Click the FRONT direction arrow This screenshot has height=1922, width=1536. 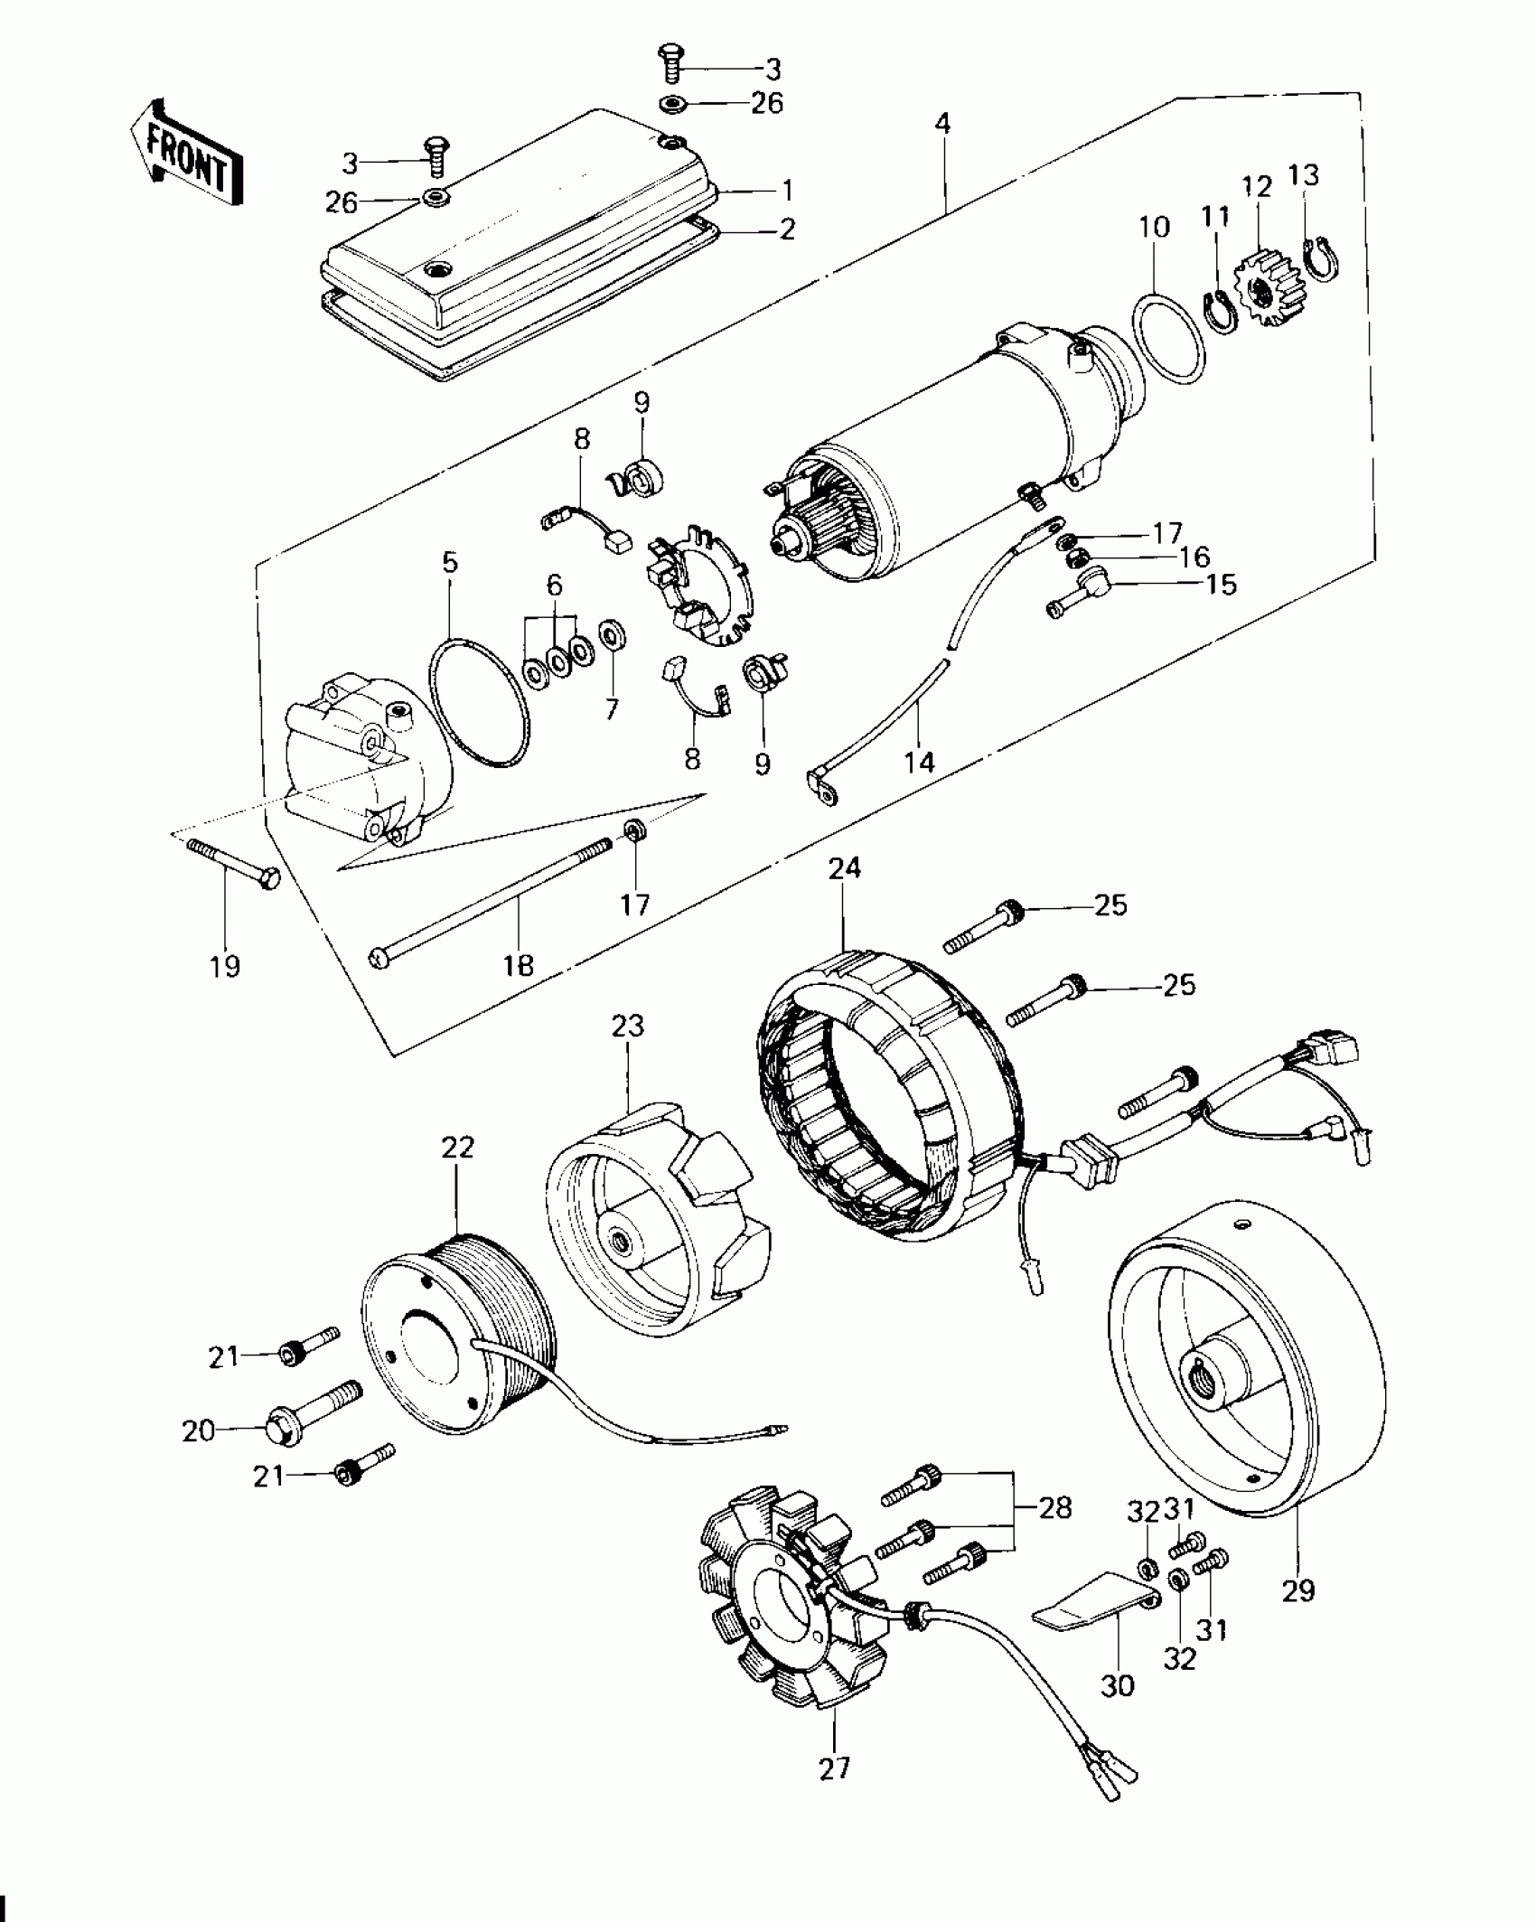coord(187,153)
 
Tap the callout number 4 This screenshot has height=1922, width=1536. coord(942,123)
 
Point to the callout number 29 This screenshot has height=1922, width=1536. coord(1299,1589)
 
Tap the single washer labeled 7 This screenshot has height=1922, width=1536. coord(613,635)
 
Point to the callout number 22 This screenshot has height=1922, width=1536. coord(458,1148)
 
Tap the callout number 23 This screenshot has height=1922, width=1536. coord(628,1027)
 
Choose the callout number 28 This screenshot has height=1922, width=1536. coord(1055,1507)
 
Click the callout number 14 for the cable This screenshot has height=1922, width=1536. coord(919,762)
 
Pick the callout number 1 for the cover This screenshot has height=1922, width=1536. coord(786,191)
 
